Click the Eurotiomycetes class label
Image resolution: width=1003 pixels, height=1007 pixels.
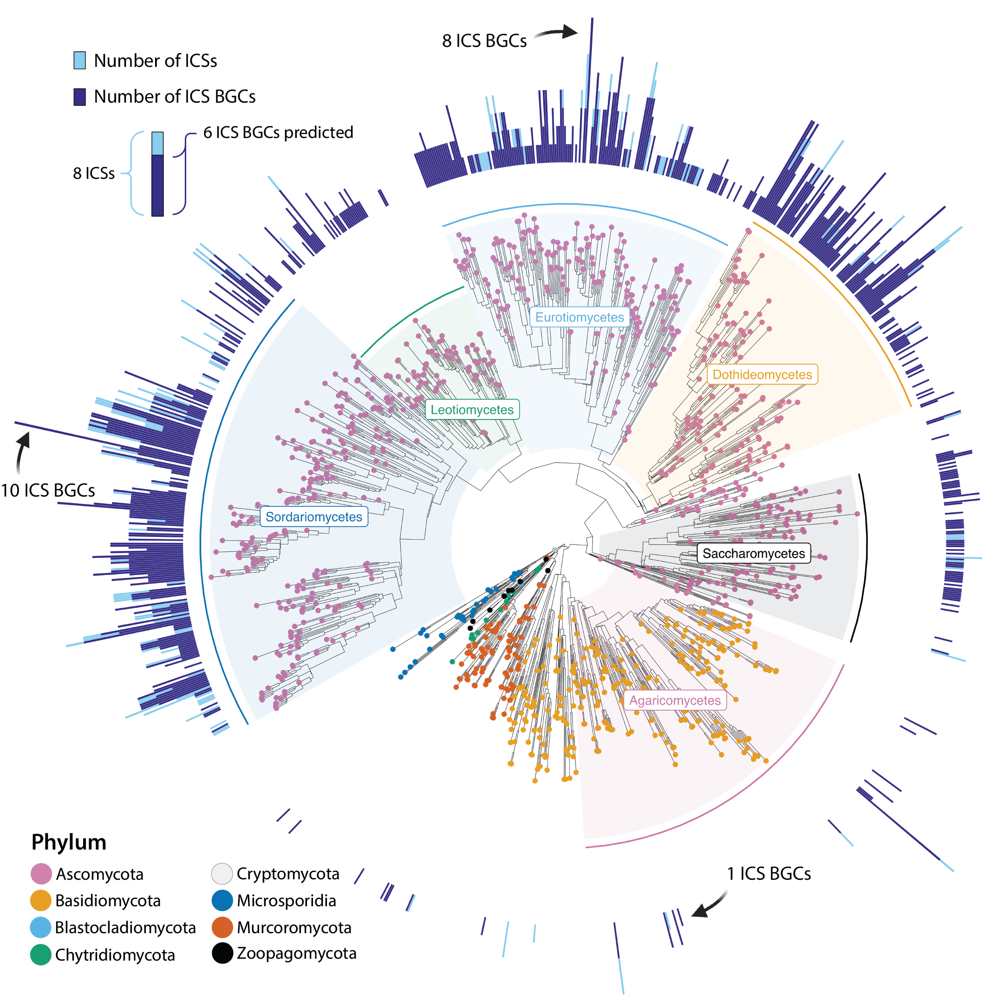click(x=579, y=317)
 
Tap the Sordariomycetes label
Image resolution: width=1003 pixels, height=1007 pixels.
click(x=313, y=517)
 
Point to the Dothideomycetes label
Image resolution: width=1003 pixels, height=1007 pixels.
click(x=762, y=375)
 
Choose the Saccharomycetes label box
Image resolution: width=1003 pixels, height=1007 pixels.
click(x=754, y=554)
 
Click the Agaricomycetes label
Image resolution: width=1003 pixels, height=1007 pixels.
click(x=675, y=700)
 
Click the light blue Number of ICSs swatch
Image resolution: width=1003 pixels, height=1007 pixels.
click(x=80, y=60)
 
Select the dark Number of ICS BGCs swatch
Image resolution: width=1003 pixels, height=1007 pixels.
click(x=80, y=97)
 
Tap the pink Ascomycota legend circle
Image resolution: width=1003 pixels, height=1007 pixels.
click(x=41, y=874)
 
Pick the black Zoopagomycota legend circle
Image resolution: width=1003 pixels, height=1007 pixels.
click(x=222, y=953)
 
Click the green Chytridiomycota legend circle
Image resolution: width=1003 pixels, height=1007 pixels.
click(x=41, y=955)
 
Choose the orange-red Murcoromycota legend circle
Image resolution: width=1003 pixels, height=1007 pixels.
click(x=222, y=928)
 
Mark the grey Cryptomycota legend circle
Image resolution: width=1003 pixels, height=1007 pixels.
click(x=222, y=874)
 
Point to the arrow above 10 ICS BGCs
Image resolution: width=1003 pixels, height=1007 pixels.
click(x=22, y=451)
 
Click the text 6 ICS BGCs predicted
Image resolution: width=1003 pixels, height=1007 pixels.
click(x=278, y=132)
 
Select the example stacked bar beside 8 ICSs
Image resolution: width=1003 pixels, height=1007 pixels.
click(x=157, y=174)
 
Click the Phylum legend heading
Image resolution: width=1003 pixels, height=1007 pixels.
click(x=69, y=842)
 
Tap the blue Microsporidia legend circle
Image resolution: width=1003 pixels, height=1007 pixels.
click(x=222, y=901)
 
